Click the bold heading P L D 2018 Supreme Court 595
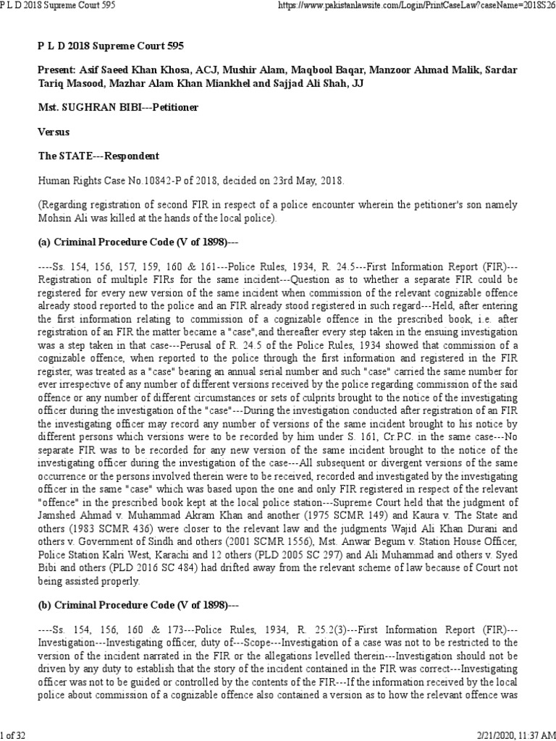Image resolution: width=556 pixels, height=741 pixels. [110, 46]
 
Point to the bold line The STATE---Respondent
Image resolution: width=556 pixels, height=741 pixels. [98, 156]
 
